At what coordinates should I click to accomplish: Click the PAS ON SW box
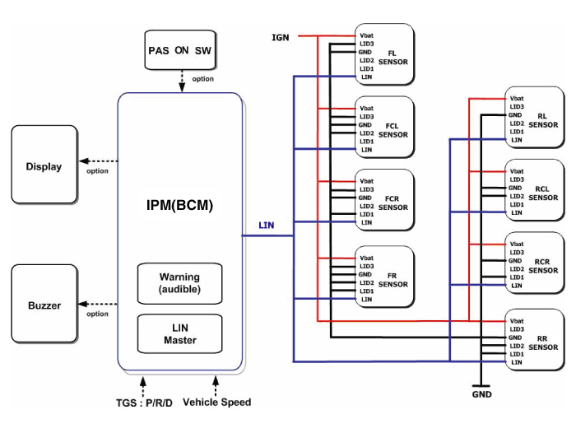tap(179, 50)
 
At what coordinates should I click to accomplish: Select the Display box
tap(44, 166)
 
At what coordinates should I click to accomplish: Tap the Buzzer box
tap(44, 305)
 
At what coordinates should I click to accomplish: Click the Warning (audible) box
tap(179, 283)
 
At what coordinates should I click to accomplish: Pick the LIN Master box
tap(179, 334)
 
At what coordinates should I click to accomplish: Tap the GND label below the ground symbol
tap(482, 395)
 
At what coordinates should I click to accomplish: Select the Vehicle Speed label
tap(216, 403)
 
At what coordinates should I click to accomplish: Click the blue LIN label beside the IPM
tap(267, 225)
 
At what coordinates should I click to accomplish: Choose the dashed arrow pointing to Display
tap(97, 161)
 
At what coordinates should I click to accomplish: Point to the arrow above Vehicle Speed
tap(216, 384)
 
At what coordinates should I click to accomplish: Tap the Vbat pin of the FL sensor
tap(366, 35)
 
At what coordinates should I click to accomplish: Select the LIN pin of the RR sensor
tap(517, 363)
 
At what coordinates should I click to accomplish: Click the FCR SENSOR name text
tap(393, 203)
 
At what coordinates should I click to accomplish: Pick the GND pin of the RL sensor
tap(517, 114)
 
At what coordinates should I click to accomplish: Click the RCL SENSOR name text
tap(542, 193)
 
